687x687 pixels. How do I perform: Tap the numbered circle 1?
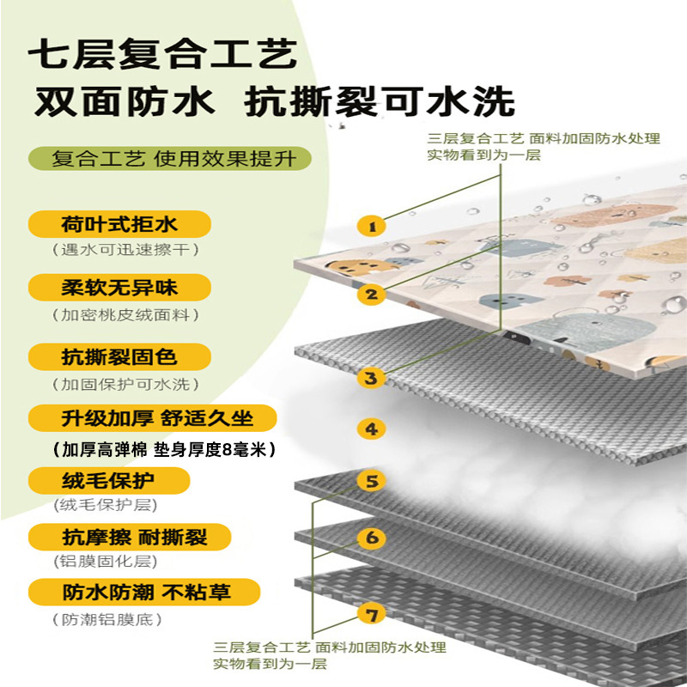[x=372, y=227]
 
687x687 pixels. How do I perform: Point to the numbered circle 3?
[x=371, y=377]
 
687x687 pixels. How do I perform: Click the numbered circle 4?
[x=371, y=429]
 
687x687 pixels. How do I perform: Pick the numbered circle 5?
[x=371, y=482]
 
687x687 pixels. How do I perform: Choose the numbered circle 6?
[x=371, y=538]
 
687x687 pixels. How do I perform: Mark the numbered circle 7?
[x=371, y=615]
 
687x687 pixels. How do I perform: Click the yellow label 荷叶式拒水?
[x=119, y=225]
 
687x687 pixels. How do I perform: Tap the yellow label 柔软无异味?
[x=119, y=286]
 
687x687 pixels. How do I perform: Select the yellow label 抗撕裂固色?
[x=119, y=356]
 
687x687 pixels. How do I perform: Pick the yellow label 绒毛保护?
[x=108, y=478]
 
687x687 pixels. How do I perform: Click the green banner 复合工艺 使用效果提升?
[x=168, y=159]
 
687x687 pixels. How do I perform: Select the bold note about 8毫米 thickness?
[x=162, y=449]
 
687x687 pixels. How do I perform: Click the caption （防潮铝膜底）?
[x=106, y=620]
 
